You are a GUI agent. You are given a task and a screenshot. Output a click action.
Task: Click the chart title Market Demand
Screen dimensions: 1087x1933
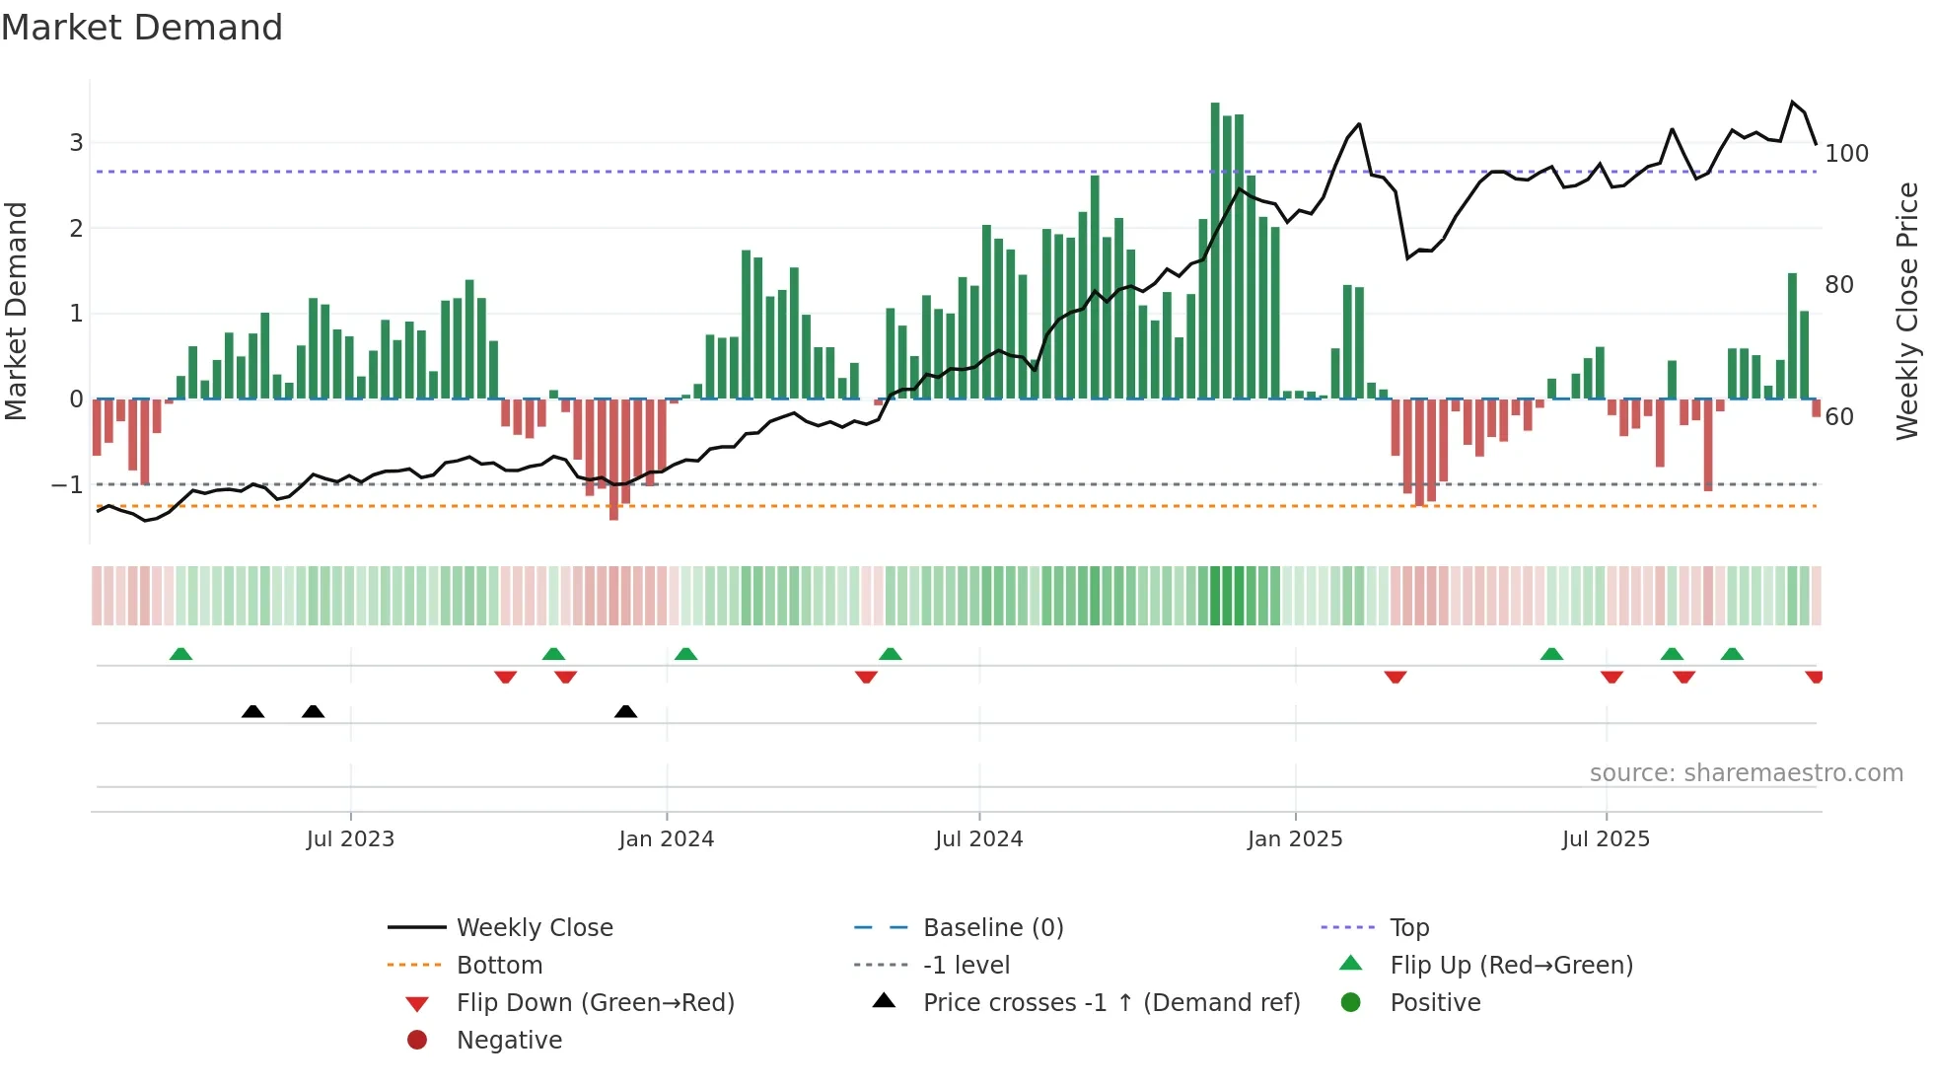click(142, 28)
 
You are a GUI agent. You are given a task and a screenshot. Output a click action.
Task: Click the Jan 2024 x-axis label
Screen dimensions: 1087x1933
click(666, 839)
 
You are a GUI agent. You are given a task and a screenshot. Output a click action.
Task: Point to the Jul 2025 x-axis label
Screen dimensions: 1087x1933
click(1605, 839)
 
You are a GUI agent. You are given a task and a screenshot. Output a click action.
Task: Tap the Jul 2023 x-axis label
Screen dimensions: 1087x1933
click(350, 839)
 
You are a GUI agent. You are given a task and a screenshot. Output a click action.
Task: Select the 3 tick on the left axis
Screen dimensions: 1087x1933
click(76, 143)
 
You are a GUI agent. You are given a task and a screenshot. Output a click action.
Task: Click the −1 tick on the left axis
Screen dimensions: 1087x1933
click(68, 485)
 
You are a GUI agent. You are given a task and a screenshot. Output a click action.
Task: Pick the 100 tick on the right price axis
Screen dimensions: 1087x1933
click(1846, 154)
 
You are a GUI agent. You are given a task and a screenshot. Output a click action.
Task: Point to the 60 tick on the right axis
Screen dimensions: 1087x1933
click(1839, 417)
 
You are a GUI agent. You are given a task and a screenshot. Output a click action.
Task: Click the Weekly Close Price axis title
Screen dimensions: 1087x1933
click(1907, 311)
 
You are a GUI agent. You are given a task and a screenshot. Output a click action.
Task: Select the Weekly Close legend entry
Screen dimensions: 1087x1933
click(534, 928)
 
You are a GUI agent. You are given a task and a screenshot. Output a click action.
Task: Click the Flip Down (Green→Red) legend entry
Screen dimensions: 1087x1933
click(595, 1003)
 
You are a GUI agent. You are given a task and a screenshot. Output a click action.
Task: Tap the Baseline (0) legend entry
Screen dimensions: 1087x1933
click(992, 928)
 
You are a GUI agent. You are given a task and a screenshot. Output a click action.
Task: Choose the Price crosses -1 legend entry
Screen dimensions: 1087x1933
click(1110, 1003)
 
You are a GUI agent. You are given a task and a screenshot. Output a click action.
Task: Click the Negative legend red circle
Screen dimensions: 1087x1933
click(417, 1041)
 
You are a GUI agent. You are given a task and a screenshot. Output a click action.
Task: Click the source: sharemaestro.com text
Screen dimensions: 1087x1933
click(1746, 773)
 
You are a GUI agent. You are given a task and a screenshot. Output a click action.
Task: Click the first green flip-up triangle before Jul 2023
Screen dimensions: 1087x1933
click(180, 654)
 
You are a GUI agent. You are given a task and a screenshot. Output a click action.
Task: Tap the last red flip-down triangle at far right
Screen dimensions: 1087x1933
click(1815, 677)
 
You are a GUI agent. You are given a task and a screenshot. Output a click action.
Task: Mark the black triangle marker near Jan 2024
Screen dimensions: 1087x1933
click(625, 711)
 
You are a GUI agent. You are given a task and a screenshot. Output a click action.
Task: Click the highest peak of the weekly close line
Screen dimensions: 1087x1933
click(1793, 103)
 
